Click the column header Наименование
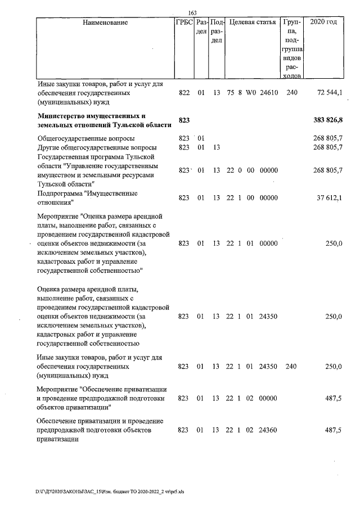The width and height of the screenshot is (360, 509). pos(105,23)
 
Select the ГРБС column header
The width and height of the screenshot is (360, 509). pos(184,23)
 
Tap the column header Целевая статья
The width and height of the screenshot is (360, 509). pos(253,23)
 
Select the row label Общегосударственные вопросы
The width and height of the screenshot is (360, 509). pos(85,138)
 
